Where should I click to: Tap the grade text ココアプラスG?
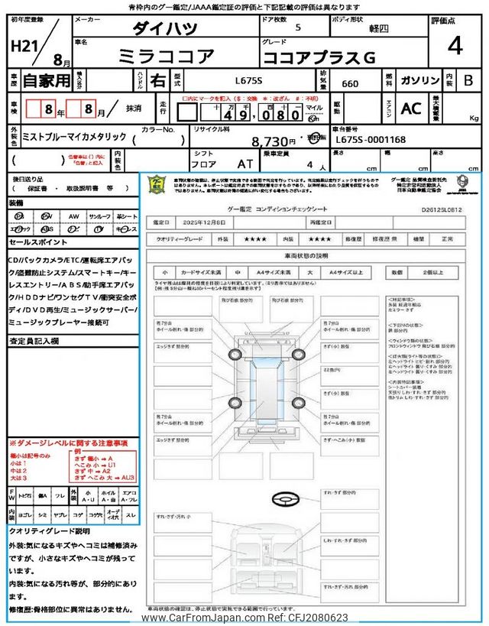(319, 57)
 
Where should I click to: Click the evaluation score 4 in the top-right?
(455, 47)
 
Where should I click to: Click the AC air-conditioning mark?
(410, 109)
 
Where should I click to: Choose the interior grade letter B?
(468, 80)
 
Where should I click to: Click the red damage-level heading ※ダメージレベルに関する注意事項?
(69, 443)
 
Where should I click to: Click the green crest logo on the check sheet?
(157, 185)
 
